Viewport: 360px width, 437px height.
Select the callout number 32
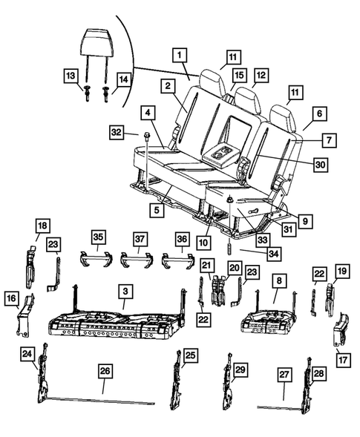116,132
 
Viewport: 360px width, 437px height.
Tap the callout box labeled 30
319,165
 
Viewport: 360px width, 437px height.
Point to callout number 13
70,76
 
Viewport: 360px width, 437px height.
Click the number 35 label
99,237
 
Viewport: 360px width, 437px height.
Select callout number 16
12,298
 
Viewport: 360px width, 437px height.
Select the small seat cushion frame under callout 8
272,320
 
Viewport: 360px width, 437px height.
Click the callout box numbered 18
42,225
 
